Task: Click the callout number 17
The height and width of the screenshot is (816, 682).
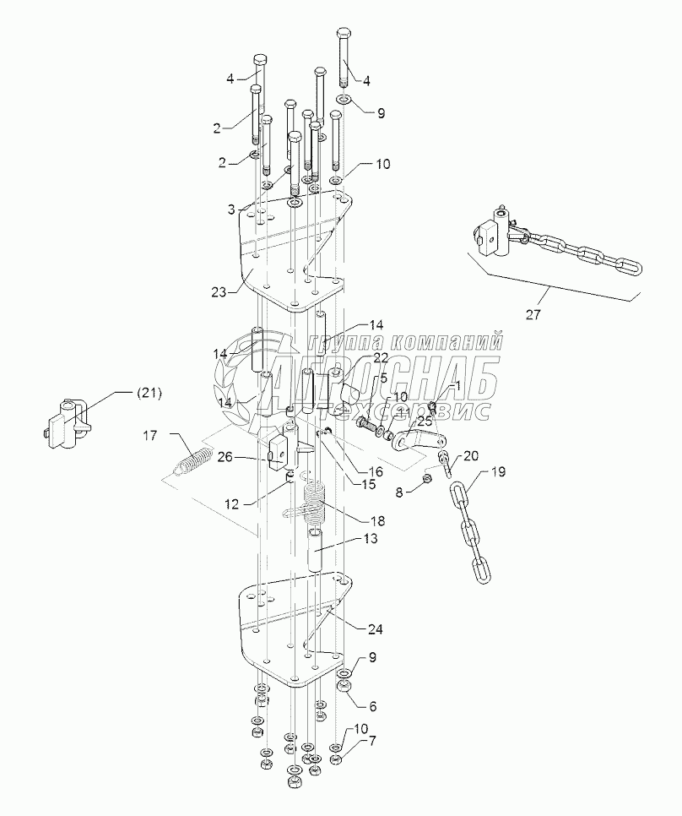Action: click(149, 437)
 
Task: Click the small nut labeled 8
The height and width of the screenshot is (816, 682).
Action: click(427, 478)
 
